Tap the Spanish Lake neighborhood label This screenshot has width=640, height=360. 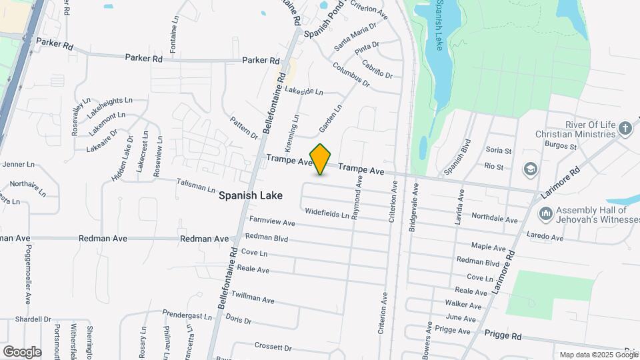pyautogui.click(x=251, y=196)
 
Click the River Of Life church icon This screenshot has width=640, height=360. pyautogui.click(x=625, y=128)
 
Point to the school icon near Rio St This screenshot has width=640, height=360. pyautogui.click(x=530, y=168)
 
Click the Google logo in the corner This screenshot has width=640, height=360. pyautogui.click(x=22, y=351)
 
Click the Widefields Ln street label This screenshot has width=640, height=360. pyautogui.click(x=327, y=214)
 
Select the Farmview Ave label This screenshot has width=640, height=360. pyautogui.click(x=272, y=221)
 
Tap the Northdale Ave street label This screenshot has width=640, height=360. pyautogui.click(x=494, y=218)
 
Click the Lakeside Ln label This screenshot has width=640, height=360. pyautogui.click(x=303, y=91)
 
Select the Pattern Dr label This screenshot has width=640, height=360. pyautogui.click(x=243, y=127)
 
